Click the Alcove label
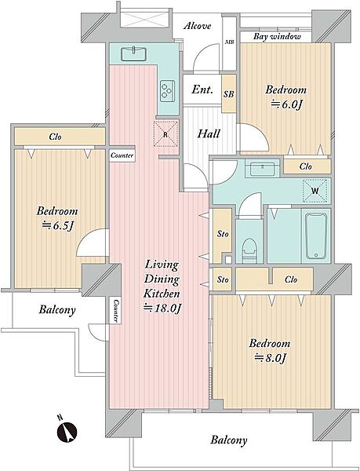[x=197, y=26]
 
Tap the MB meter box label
[x=230, y=42]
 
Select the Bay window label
[x=277, y=37]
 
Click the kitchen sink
[x=134, y=54]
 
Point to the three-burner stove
[x=167, y=91]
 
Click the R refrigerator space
[x=165, y=134]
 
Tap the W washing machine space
[x=315, y=191]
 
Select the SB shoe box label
[x=228, y=94]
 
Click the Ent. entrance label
[x=202, y=89]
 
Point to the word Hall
[x=209, y=133]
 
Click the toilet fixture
[x=249, y=251]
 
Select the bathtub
[x=316, y=236]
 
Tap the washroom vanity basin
[x=263, y=170]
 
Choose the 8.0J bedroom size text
[x=270, y=358]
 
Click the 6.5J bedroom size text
[x=57, y=226]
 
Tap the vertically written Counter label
[x=115, y=311]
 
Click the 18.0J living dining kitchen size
[x=162, y=309]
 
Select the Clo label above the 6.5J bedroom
[x=55, y=137]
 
